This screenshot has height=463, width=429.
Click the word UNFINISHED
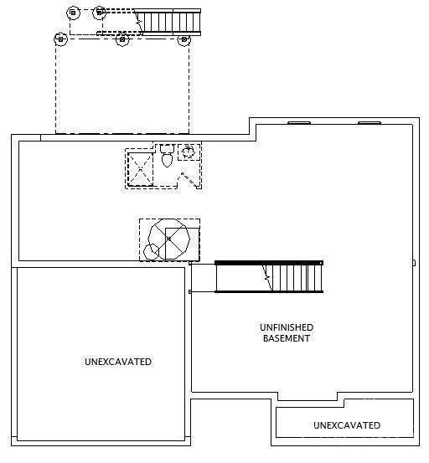click(x=287, y=327)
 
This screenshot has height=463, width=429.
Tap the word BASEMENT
click(x=287, y=338)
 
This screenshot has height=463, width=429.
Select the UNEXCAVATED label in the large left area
click(x=118, y=362)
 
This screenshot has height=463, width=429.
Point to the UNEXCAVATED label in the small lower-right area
click(x=347, y=425)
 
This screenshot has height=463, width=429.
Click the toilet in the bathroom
click(x=167, y=156)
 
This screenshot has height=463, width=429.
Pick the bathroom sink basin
click(x=188, y=152)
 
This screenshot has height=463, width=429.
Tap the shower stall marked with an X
click(x=140, y=169)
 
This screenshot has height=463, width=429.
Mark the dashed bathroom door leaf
click(x=190, y=180)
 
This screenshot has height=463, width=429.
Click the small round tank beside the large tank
click(x=151, y=252)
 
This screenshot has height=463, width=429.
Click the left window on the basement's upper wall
click(x=299, y=122)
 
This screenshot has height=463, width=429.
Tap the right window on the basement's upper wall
click(x=370, y=122)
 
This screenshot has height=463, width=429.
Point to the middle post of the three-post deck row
click(x=122, y=39)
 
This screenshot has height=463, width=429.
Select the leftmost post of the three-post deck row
click(x=60, y=39)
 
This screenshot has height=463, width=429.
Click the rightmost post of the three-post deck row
click(x=183, y=39)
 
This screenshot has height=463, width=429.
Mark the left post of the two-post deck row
click(x=73, y=13)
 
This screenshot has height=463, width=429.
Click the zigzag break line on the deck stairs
click(x=138, y=21)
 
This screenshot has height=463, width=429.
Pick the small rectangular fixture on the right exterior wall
click(x=414, y=263)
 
